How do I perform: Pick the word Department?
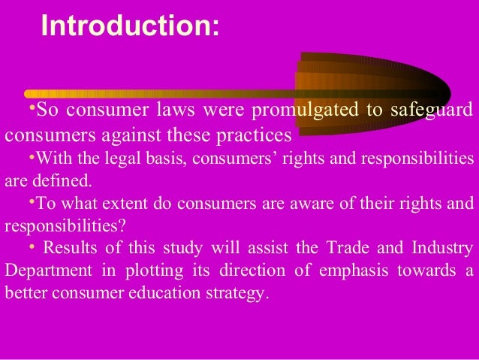[44, 271]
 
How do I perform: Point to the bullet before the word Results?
[29, 246]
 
